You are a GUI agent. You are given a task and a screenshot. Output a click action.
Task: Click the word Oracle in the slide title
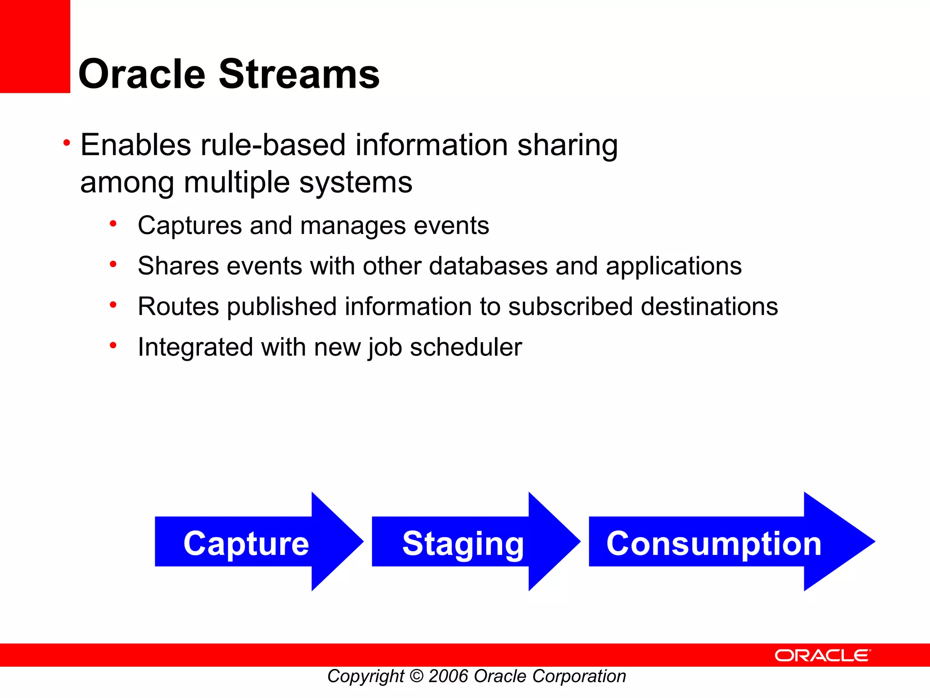(142, 74)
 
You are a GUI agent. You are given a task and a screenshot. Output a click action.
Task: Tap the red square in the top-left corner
(35, 46)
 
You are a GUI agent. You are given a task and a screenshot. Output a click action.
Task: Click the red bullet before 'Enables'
(67, 143)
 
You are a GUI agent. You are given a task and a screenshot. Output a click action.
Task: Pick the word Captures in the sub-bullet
(190, 225)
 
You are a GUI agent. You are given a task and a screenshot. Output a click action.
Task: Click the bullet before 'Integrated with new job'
(113, 345)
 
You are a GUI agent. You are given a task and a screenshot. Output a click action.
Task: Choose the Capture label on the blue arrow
(246, 543)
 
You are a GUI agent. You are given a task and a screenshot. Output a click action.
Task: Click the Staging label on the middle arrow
(463, 543)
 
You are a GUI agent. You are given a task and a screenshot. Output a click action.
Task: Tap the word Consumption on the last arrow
(713, 543)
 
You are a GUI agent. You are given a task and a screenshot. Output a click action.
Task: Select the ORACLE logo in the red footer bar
(822, 655)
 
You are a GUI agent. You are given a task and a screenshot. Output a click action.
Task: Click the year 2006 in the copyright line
(448, 676)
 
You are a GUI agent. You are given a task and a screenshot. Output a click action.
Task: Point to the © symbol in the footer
(416, 676)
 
